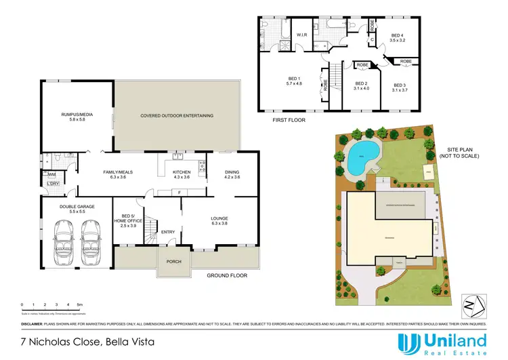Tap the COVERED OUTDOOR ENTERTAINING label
pyautogui.click(x=177, y=116)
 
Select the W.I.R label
pyautogui.click(x=302, y=35)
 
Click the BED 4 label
pyautogui.click(x=397, y=37)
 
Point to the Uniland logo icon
pyautogui.click(x=407, y=344)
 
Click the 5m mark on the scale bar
pyautogui.click(x=79, y=306)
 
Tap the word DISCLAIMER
pyautogui.click(x=32, y=323)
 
